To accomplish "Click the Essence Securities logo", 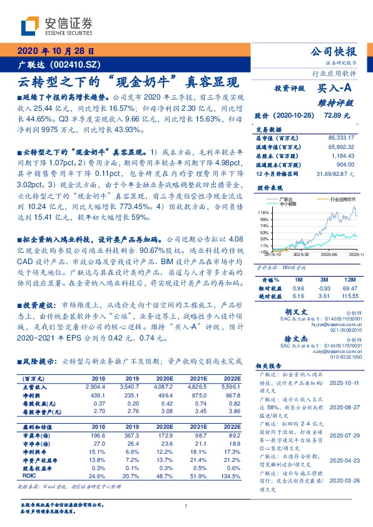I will [57, 26].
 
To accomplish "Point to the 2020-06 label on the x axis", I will [330, 255].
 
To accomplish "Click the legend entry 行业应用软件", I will [341, 198].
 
